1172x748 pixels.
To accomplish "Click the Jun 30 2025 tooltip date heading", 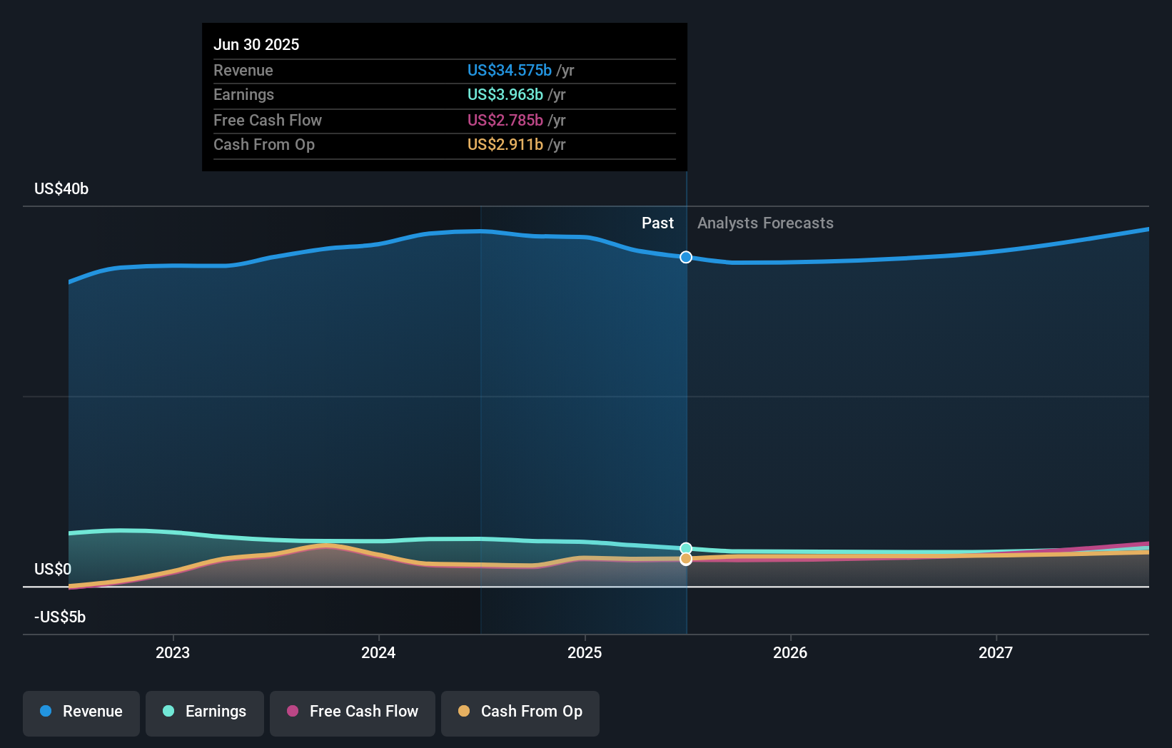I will [x=256, y=44].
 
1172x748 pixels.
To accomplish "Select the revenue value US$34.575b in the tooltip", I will [x=509, y=70].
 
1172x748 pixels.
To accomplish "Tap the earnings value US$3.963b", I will [x=505, y=94].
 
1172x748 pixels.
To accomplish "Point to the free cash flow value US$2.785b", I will [x=505, y=120].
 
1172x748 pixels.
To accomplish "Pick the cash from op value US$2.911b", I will [x=505, y=144].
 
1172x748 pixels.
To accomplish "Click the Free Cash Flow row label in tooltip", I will [x=268, y=120].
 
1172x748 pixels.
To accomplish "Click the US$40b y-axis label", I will [x=61, y=188].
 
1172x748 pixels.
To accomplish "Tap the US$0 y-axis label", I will [x=53, y=569].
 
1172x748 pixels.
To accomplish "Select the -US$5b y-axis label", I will [x=60, y=617].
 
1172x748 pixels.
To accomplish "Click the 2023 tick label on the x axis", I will [x=173, y=652].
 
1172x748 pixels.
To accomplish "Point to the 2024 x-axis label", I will [x=378, y=652].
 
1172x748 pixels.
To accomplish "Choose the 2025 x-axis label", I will [x=585, y=652].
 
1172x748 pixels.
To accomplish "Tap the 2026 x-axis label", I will [x=790, y=652].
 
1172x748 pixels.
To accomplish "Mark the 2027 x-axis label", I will [x=996, y=652].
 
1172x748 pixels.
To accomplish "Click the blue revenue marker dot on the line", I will [x=686, y=257].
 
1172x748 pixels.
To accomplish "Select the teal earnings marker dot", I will [x=686, y=548].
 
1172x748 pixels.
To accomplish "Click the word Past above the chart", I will [x=657, y=223].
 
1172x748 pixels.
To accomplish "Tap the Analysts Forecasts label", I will [x=765, y=223].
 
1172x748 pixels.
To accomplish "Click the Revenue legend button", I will [x=81, y=712].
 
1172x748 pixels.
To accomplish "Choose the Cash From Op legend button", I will [x=520, y=712].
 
